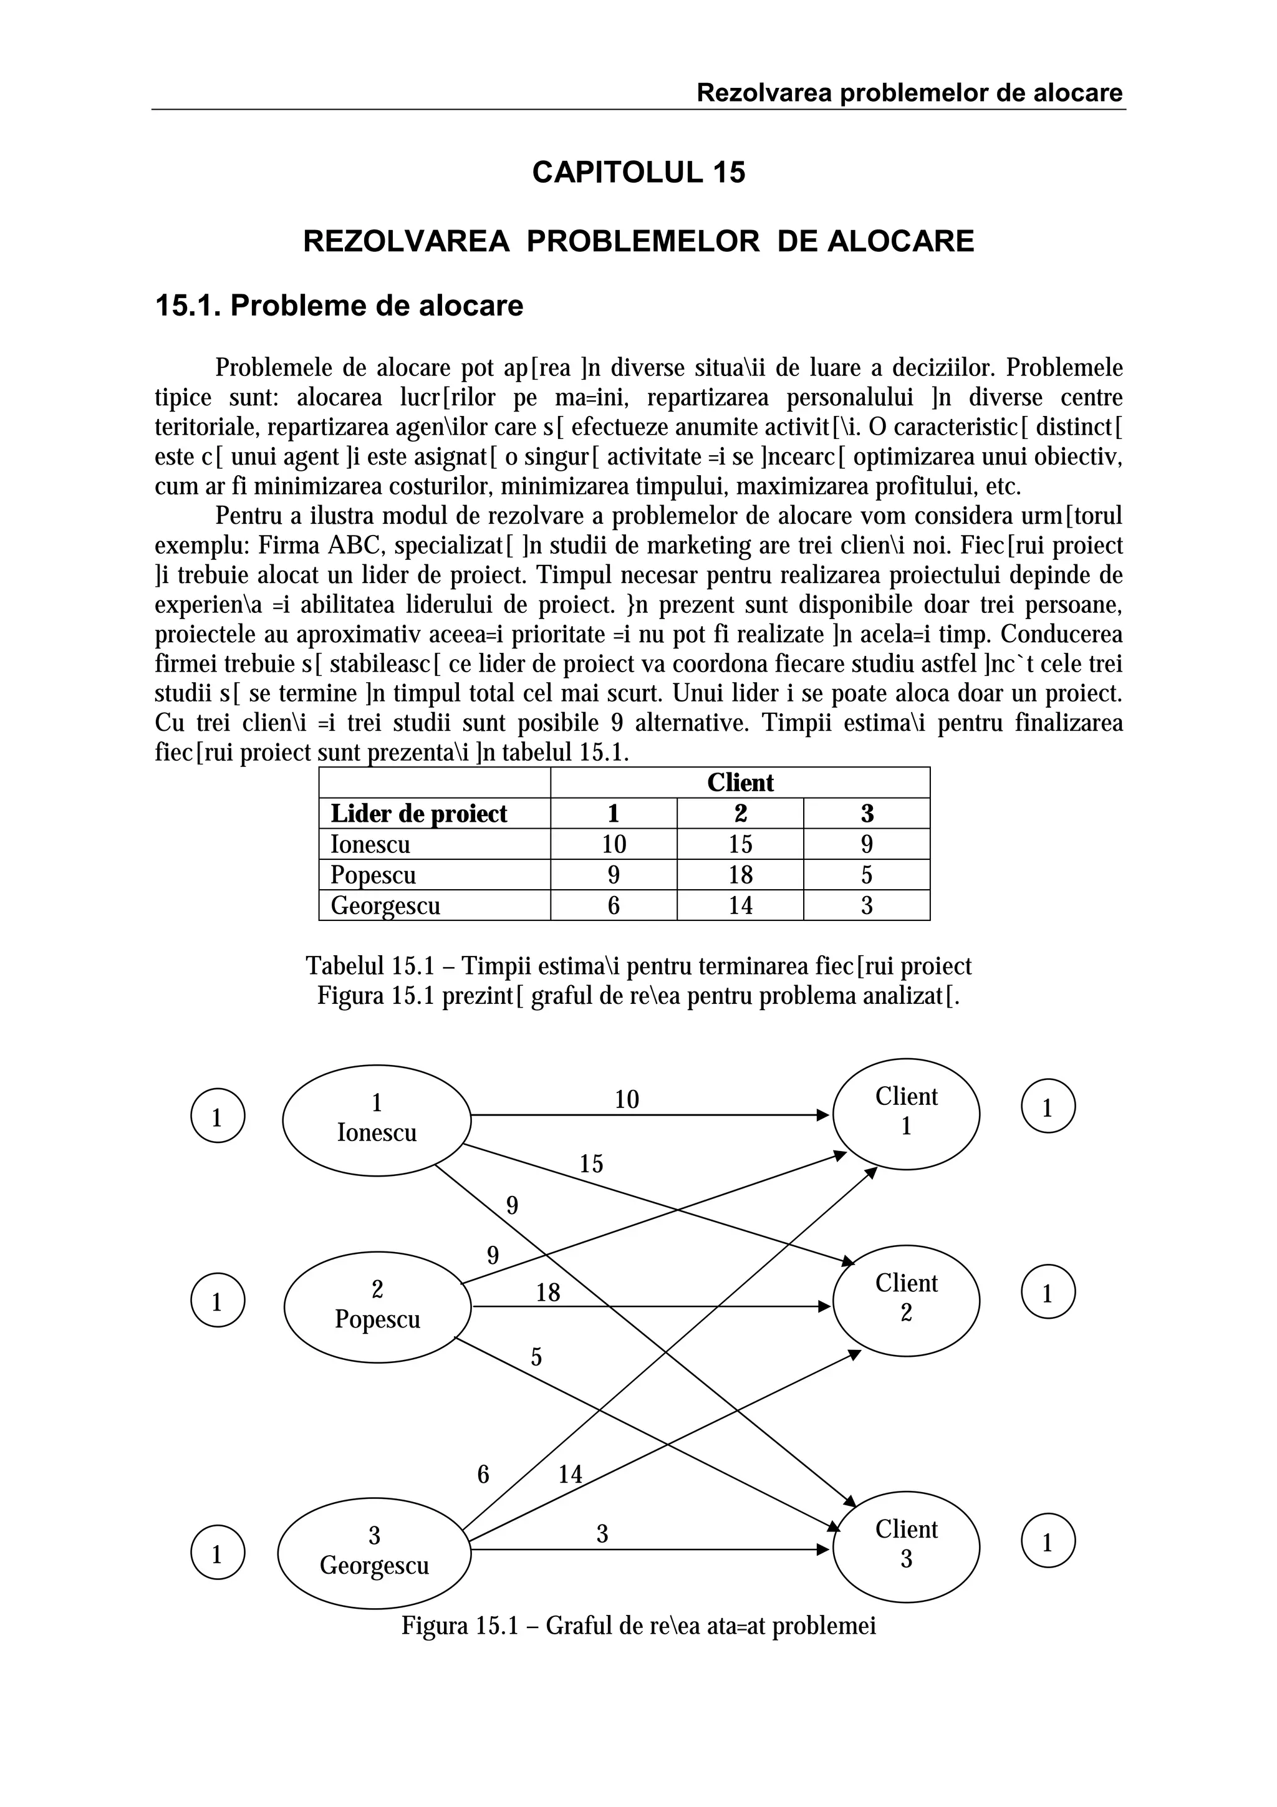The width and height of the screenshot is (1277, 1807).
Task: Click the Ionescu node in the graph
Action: [x=376, y=1120]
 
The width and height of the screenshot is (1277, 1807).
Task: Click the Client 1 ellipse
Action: [x=905, y=1112]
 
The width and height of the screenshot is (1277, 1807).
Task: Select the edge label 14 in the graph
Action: [x=570, y=1474]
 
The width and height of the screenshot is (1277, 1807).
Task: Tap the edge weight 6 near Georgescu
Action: [x=483, y=1474]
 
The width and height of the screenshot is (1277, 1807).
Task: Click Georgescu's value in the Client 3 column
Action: [x=866, y=906]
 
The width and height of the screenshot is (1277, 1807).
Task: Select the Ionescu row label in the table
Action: [x=370, y=844]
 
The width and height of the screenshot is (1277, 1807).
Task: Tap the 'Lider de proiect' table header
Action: [x=418, y=814]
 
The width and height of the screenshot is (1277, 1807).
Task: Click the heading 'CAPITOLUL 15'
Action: [x=638, y=172]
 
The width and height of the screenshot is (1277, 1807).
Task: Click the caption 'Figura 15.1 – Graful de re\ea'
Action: [x=638, y=1625]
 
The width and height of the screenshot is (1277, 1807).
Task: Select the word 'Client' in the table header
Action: [x=740, y=783]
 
